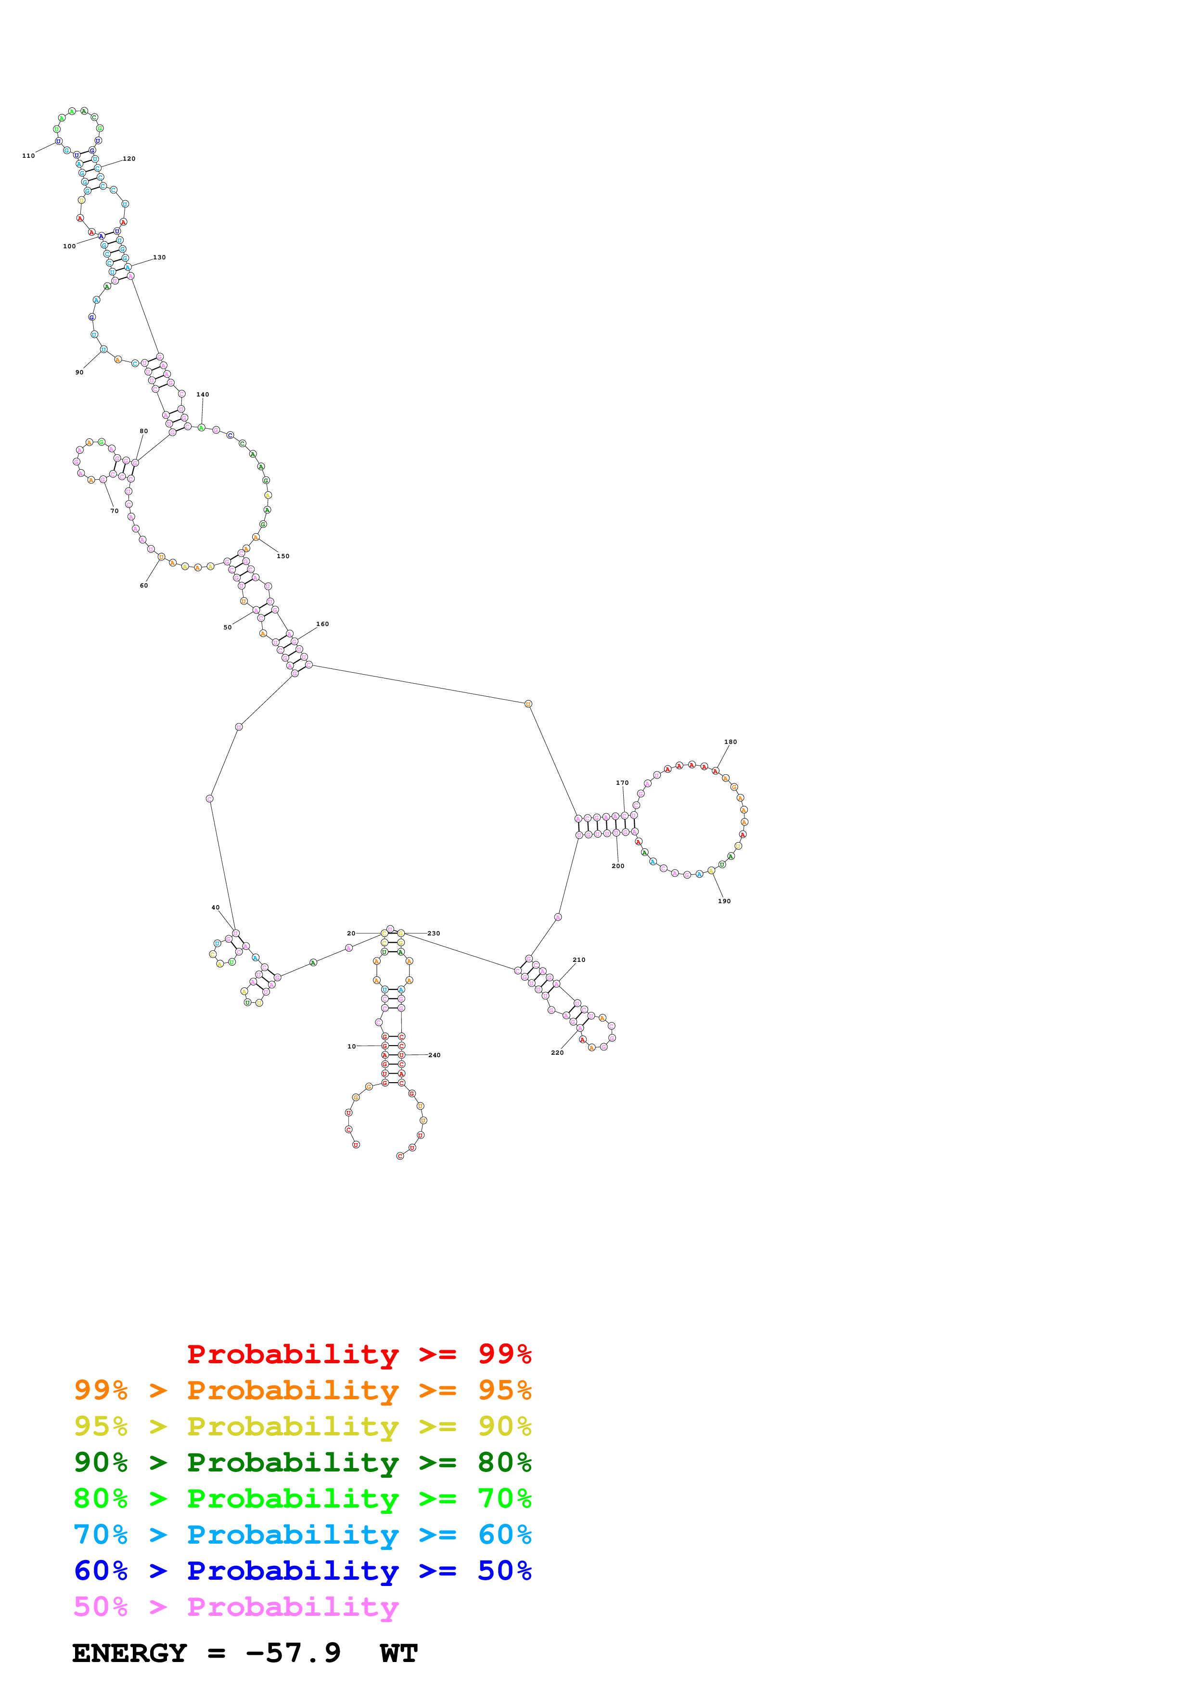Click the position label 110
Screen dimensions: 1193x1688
pyautogui.click(x=29, y=156)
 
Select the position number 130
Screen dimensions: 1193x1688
pyautogui.click(x=159, y=257)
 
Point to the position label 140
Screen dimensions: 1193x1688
pyautogui.click(x=203, y=395)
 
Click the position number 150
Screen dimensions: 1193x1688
pyautogui.click(x=283, y=557)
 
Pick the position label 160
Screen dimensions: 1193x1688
pyautogui.click(x=323, y=624)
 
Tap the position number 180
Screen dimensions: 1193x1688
pyautogui.click(x=731, y=742)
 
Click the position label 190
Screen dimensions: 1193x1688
pyautogui.click(x=725, y=901)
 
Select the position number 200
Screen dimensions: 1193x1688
pyautogui.click(x=618, y=866)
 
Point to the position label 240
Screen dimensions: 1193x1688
pyautogui.click(x=435, y=1055)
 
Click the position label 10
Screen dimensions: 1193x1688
pyautogui.click(x=351, y=1046)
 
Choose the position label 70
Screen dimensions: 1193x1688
pyautogui.click(x=115, y=511)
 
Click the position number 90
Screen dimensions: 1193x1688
pyautogui.click(x=79, y=373)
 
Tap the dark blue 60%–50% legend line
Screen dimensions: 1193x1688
pyautogui.click(x=302, y=1571)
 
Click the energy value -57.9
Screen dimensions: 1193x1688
pyautogui.click(x=293, y=1653)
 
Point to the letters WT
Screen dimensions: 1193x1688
pyautogui.click(x=399, y=1653)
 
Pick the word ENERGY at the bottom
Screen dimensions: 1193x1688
pyautogui.click(x=129, y=1653)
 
